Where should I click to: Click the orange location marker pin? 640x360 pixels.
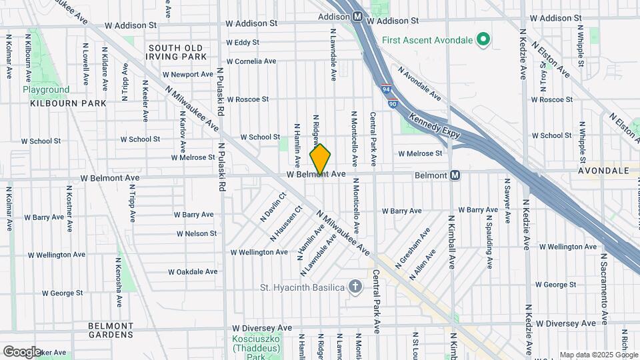click(321, 159)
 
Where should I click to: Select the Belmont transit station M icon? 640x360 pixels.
click(455, 175)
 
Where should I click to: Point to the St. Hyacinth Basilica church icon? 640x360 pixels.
click(356, 287)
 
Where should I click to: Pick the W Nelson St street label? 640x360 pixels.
click(197, 233)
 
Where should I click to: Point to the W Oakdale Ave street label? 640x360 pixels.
click(193, 271)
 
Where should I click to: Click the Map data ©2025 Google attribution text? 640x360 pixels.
click(597, 355)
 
